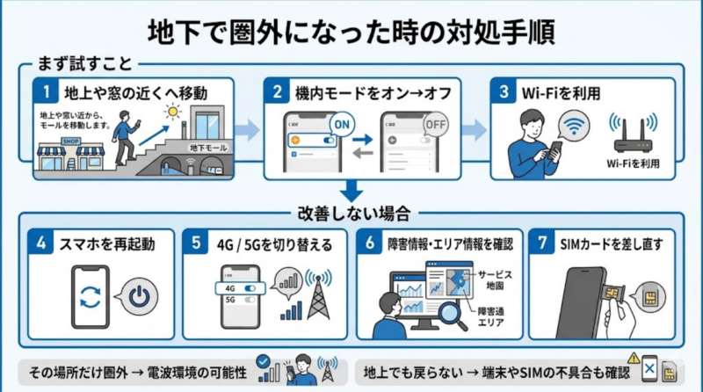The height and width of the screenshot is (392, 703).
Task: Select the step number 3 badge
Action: pos(503,91)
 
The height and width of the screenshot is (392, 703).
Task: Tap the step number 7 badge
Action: pos(543,243)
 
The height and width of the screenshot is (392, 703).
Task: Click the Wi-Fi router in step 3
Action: pos(632,135)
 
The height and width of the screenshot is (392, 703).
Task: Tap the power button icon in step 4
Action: pos(136,298)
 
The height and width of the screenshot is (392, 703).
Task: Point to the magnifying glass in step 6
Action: pos(453,313)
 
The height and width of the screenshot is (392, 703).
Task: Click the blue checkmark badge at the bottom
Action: pos(262,360)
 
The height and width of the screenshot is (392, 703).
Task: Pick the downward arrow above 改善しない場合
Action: pos(351,190)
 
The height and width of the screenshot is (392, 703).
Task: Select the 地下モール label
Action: pos(207,148)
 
